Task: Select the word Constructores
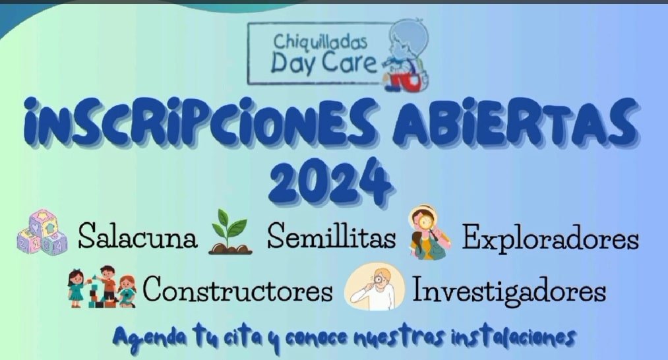237,289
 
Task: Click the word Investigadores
508,289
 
